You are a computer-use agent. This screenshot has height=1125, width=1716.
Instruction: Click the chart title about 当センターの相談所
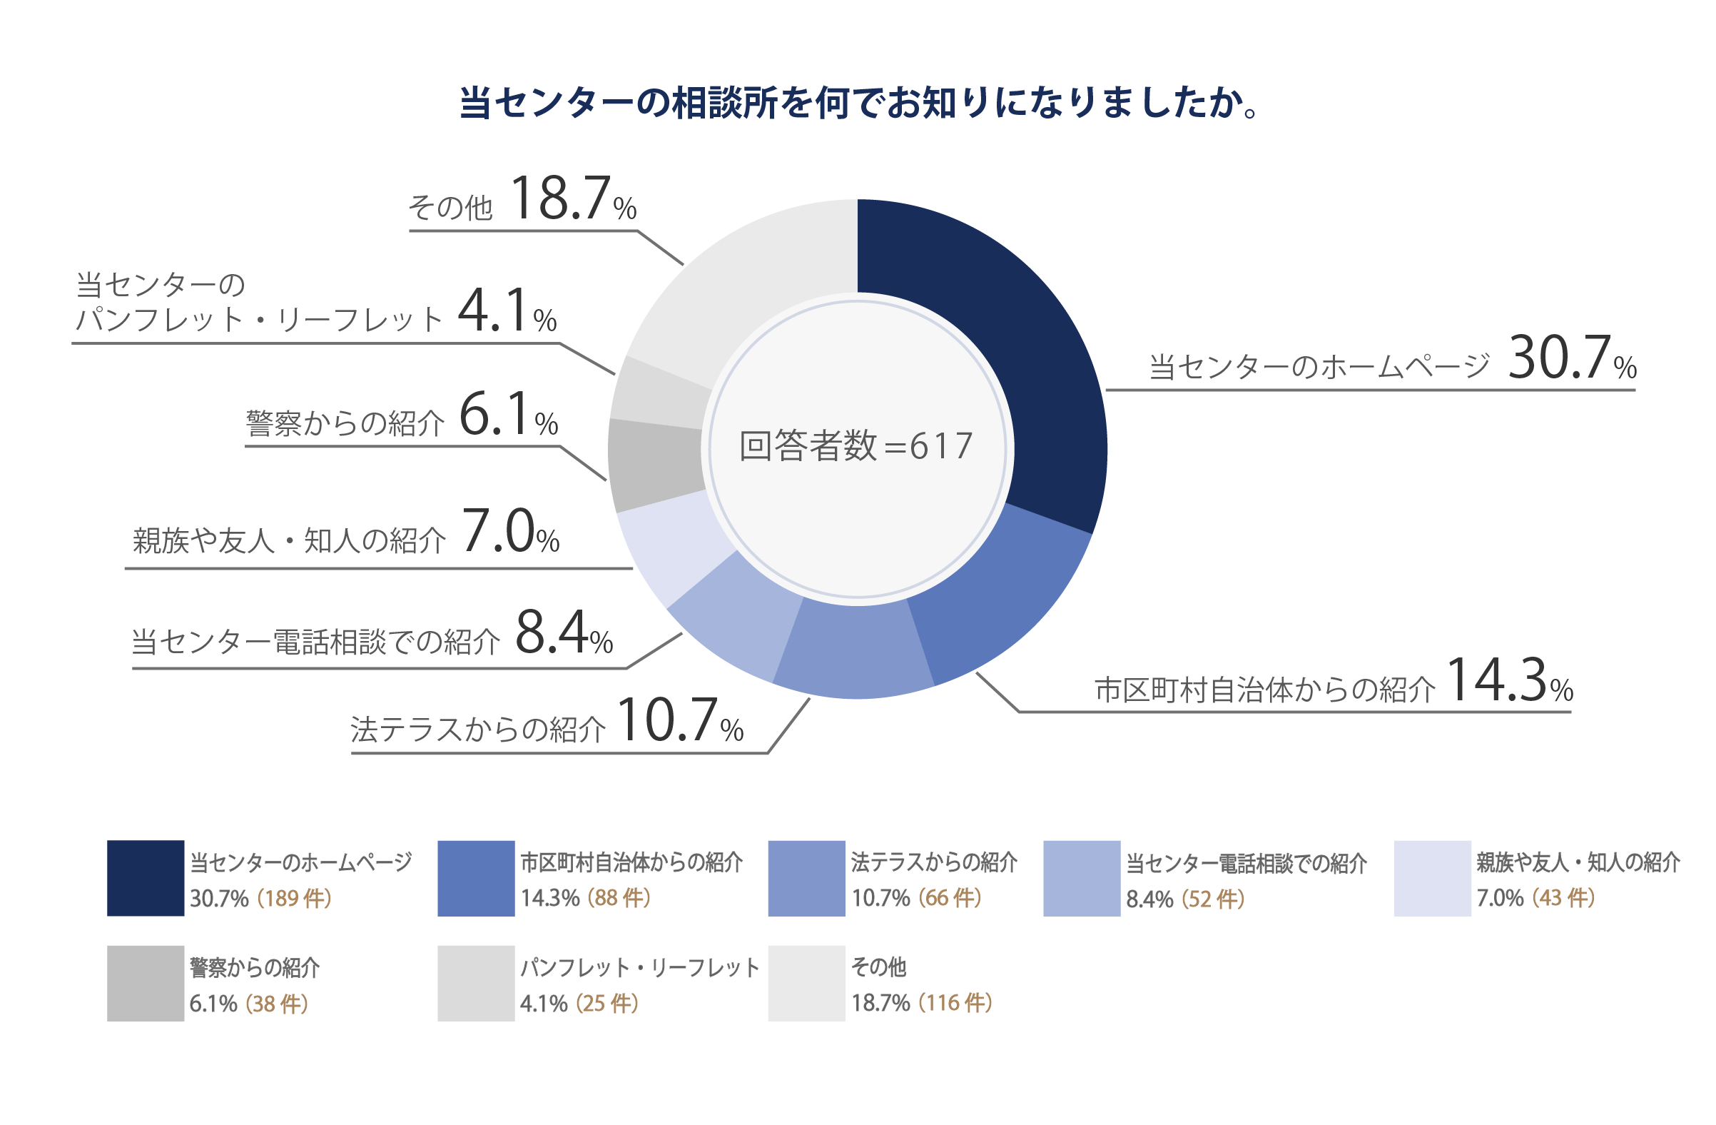[858, 103]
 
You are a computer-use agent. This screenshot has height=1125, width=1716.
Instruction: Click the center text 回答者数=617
[856, 446]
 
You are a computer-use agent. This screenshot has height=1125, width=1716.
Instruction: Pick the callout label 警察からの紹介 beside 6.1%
[345, 424]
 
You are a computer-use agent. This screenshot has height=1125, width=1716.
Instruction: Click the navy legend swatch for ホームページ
[146, 877]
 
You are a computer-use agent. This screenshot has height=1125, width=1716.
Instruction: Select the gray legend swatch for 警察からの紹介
[146, 984]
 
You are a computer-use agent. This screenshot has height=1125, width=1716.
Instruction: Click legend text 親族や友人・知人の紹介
[1578, 862]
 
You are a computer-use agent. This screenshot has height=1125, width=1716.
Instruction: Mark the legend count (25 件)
[607, 1004]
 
